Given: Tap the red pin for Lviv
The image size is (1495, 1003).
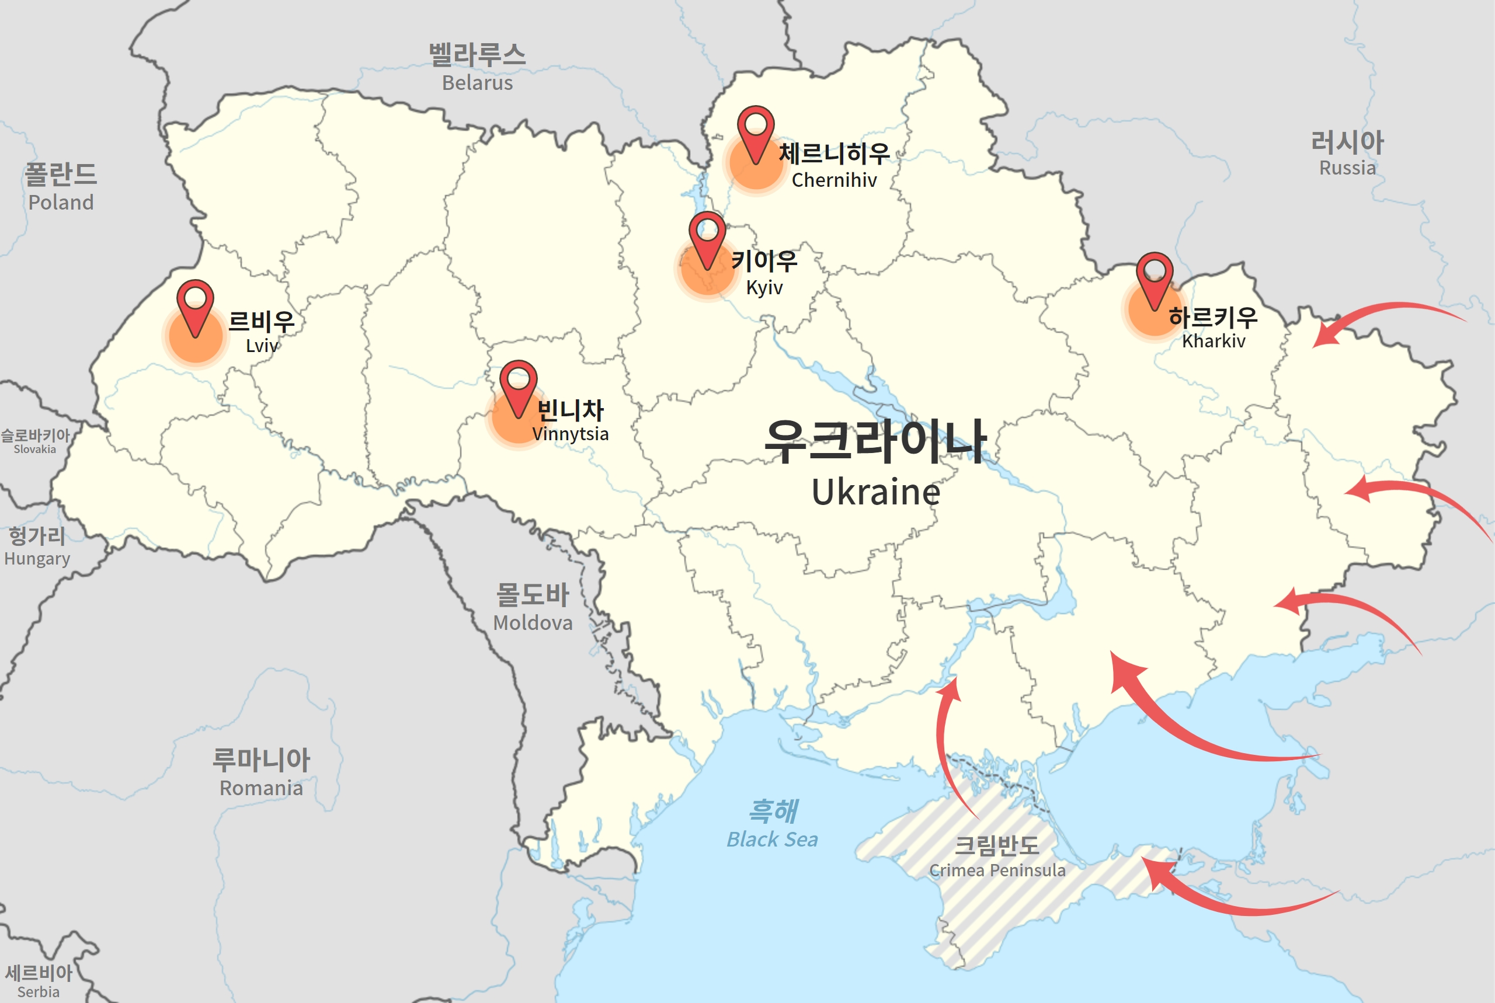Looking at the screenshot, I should pos(195,303).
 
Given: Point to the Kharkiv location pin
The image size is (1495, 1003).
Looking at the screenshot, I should pos(1154,276).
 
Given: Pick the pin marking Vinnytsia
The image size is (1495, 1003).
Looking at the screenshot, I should pos(518,384).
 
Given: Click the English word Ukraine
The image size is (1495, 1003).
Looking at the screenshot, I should pos(876,492).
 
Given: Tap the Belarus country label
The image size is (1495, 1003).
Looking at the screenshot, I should pos(477,83).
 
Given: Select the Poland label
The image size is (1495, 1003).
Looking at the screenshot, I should pos(61,202).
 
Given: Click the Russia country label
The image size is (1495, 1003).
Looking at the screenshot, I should pos(1347,168).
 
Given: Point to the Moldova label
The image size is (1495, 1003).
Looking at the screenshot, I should pos(532,622).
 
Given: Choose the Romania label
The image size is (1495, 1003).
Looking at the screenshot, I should pos(261,788).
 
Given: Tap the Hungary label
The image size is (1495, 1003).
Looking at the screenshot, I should pos(37,559).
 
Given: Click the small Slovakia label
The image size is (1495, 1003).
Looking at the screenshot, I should pos(34,449).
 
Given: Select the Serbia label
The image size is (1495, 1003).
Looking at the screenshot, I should pos(39,991).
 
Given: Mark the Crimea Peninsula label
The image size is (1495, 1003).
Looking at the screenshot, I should pos(997,870).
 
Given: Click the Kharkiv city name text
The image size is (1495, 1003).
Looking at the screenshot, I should pos(1213,341).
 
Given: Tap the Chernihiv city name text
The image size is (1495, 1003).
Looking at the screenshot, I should pos(834,180).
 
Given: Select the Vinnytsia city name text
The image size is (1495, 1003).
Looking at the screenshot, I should pos(570,434).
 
